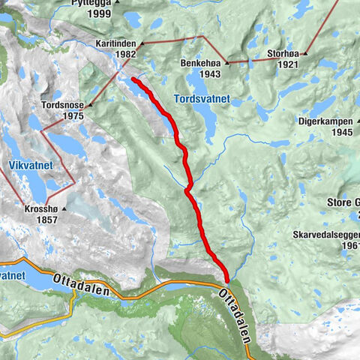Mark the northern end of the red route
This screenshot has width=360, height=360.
pyautogui.click(x=133, y=78)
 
